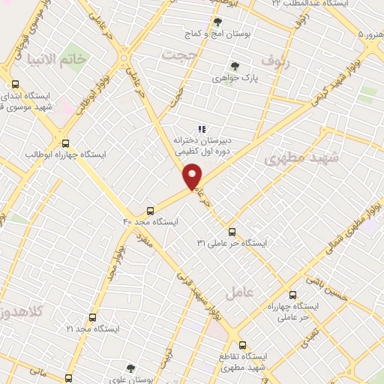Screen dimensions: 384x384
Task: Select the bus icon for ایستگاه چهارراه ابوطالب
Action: pos(65,142)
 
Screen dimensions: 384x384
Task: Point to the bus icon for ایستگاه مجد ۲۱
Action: pos(92,318)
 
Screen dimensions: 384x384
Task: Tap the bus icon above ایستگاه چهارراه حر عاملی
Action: pos(292,295)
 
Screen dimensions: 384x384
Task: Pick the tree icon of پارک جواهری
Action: pos(234,65)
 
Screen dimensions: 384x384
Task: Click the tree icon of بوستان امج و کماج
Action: pos(217,22)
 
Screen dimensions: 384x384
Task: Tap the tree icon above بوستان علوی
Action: pos(130,368)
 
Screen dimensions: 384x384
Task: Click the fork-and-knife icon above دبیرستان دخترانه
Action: pos(201,128)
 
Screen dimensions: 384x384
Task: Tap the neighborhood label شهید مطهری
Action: pos(302,158)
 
